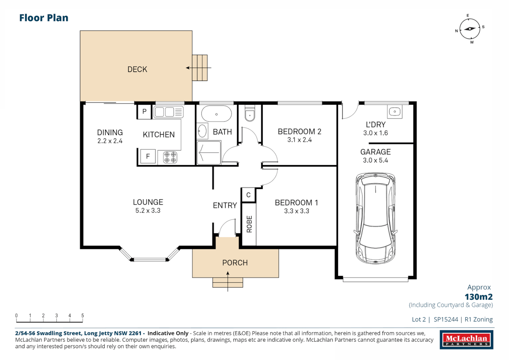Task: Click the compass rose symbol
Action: [470, 29]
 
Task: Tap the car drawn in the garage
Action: [375, 218]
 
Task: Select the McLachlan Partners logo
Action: [466, 340]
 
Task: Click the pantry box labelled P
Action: [144, 112]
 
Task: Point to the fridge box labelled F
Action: [148, 156]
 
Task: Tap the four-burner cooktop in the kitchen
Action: [170, 157]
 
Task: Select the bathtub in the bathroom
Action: [216, 114]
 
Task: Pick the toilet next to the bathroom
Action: [250, 114]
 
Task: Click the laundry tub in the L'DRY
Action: [395, 112]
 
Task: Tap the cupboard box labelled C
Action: [248, 195]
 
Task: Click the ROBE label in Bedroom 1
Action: [249, 224]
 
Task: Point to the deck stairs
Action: [200, 68]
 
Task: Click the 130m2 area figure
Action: [478, 297]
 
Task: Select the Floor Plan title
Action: [44, 18]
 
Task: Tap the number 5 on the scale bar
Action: [83, 315]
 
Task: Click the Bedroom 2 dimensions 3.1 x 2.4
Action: [299, 140]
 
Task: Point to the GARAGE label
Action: [375, 152]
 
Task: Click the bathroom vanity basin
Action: [202, 131]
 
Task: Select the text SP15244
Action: [446, 319]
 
